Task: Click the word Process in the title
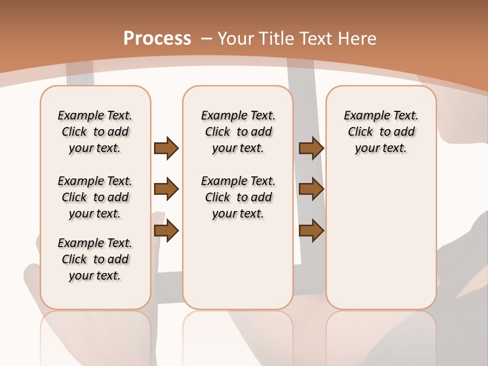click(x=157, y=39)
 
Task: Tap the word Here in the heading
click(x=358, y=39)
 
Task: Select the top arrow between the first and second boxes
click(x=166, y=148)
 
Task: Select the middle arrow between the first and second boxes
click(x=166, y=190)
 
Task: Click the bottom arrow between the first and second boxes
click(x=166, y=231)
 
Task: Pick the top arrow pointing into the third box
click(x=311, y=148)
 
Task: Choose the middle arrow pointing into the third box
click(x=311, y=190)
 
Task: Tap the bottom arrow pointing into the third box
click(x=311, y=231)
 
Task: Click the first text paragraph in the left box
click(x=95, y=132)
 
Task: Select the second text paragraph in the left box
click(x=95, y=197)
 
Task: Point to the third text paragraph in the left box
click(x=95, y=259)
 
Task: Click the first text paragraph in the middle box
click(x=238, y=132)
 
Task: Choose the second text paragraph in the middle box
click(x=238, y=197)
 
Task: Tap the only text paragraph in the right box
click(x=381, y=132)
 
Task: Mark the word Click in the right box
click(x=360, y=132)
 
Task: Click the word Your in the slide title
click(x=235, y=39)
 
